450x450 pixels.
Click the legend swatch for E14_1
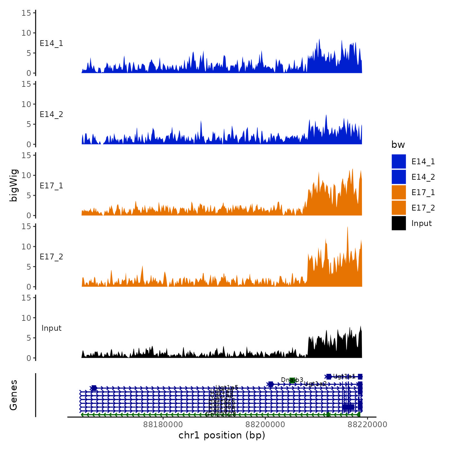click(x=399, y=161)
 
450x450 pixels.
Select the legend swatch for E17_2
click(x=399, y=208)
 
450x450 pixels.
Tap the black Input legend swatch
click(x=399, y=223)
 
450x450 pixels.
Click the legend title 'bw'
click(x=398, y=145)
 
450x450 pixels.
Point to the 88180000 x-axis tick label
click(x=163, y=425)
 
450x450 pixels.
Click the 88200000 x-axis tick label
click(x=265, y=425)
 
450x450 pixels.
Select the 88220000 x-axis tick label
click(x=367, y=425)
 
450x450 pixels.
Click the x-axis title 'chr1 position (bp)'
click(x=222, y=435)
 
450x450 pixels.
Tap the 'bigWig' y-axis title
click(x=14, y=185)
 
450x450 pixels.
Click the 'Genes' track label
click(x=14, y=395)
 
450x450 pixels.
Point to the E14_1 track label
click(x=51, y=43)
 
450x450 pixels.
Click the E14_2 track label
click(x=51, y=114)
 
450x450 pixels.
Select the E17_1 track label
click(x=51, y=186)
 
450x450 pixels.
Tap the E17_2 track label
click(x=51, y=257)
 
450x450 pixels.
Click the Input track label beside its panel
click(x=51, y=328)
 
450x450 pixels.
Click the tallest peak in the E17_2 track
click(x=347, y=228)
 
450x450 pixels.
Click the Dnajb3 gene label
click(x=292, y=380)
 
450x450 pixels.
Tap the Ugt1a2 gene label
click(x=315, y=383)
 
